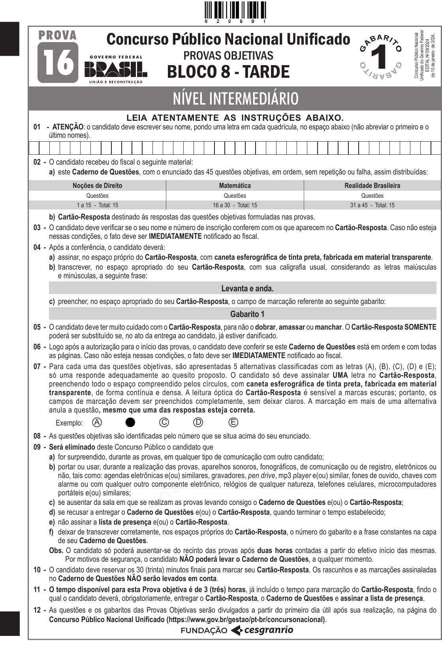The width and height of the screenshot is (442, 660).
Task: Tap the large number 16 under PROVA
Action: coord(58,63)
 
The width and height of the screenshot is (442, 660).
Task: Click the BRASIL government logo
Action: coord(116,71)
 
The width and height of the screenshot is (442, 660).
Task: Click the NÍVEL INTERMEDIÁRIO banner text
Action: coord(235,99)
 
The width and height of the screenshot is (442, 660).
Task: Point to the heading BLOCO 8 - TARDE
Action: coord(228,72)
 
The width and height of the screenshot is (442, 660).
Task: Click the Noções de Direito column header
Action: coord(97,186)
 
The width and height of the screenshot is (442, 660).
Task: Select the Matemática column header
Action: coord(235,186)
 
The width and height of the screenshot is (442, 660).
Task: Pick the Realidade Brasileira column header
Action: coord(372,186)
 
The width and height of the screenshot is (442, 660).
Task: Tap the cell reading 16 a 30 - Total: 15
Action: coord(235,205)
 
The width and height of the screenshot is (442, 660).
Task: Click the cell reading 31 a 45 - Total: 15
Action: coord(372,205)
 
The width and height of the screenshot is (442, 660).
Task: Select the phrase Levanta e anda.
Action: coord(247,289)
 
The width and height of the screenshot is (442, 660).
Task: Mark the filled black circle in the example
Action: coord(130,422)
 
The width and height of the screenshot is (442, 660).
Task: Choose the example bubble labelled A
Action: coord(97,422)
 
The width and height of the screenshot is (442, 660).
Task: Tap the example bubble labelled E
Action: coord(233,422)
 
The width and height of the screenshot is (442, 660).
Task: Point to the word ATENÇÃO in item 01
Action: coord(68,127)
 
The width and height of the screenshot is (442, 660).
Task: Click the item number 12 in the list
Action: coord(37,610)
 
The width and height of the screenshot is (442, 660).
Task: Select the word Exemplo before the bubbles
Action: coord(69,423)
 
